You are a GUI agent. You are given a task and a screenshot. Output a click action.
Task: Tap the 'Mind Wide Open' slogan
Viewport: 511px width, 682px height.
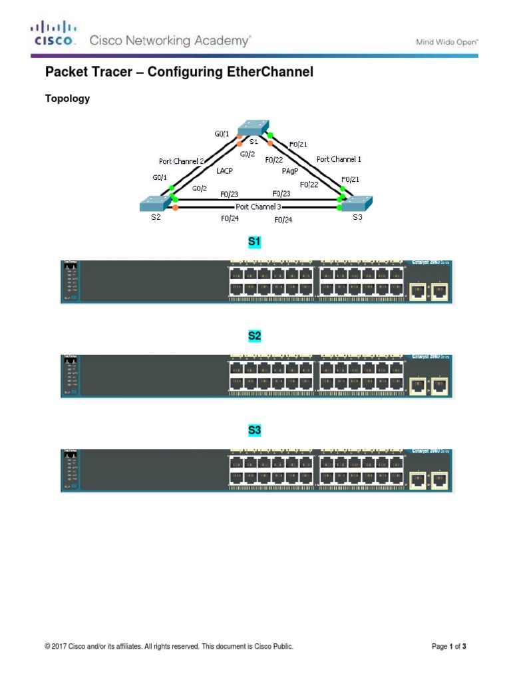tap(446, 42)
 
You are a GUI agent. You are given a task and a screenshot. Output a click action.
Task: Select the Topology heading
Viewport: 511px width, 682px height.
tap(67, 99)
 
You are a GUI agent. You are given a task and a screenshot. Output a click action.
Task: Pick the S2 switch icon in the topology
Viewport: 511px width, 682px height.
tap(154, 203)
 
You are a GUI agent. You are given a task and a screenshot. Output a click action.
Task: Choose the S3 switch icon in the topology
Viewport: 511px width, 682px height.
tap(357, 202)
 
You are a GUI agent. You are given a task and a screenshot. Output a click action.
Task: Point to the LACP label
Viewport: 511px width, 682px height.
tap(224, 170)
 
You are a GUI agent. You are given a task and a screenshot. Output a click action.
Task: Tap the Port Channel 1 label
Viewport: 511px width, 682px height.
tap(339, 159)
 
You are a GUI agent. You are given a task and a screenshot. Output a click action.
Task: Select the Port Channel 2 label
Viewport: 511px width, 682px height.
tap(181, 161)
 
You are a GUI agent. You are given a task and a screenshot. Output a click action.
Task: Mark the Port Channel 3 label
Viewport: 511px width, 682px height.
tap(258, 206)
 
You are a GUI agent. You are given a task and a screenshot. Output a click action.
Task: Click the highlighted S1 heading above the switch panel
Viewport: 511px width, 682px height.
tap(254, 242)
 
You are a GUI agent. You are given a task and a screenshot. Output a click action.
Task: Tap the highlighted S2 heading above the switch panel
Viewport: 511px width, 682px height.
tap(254, 336)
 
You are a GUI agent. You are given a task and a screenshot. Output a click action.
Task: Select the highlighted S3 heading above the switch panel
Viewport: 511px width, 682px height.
tap(254, 430)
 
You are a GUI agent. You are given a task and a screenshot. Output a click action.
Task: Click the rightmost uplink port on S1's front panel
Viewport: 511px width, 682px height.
tap(439, 291)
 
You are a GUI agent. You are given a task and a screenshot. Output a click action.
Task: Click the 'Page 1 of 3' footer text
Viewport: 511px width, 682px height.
tap(448, 646)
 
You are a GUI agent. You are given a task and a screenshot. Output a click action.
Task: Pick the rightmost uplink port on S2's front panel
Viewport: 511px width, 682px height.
tap(439, 386)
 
